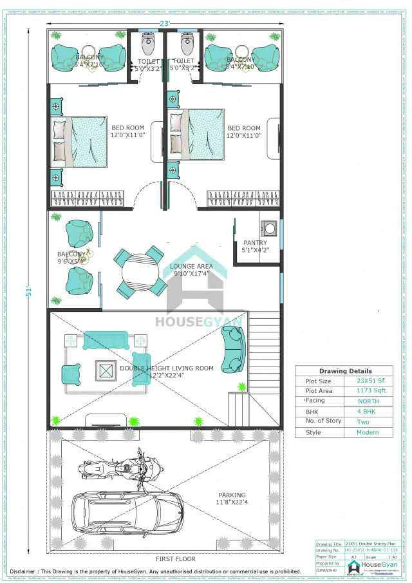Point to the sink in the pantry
(270, 227)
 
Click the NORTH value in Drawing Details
(368, 401)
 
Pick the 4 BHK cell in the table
(368, 411)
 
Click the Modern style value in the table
(368, 432)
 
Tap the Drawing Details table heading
(345, 371)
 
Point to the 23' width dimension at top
(165, 23)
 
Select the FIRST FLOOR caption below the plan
(176, 559)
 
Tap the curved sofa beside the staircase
(232, 350)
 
